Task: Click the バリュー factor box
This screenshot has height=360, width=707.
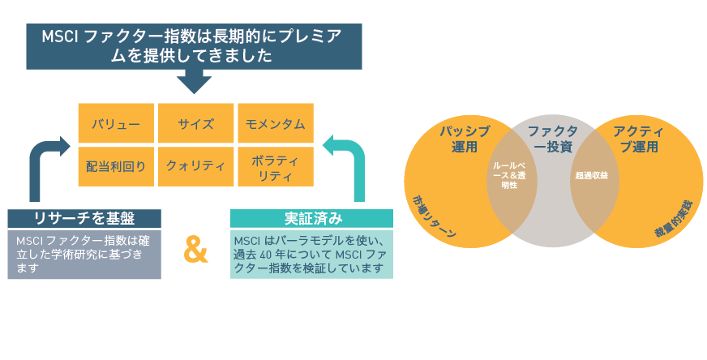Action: click(x=115, y=124)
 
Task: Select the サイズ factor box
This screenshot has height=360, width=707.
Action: click(x=195, y=124)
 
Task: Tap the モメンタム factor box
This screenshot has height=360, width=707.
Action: click(x=276, y=124)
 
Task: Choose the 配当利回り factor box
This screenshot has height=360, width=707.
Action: click(x=115, y=166)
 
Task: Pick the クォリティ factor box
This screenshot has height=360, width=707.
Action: click(x=195, y=166)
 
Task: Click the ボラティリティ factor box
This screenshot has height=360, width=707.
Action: click(x=276, y=166)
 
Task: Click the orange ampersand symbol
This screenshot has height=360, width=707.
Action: click(x=195, y=250)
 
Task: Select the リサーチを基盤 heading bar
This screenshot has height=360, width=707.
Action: click(x=84, y=218)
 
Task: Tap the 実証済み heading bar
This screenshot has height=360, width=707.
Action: click(x=311, y=218)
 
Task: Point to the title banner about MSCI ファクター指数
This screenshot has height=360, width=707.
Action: click(x=194, y=46)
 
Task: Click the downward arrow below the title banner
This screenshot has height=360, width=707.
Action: click(x=194, y=81)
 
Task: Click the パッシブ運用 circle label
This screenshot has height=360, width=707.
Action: click(x=465, y=139)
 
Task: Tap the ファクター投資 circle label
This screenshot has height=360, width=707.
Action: click(x=554, y=139)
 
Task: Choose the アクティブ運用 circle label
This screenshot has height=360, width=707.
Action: click(x=636, y=139)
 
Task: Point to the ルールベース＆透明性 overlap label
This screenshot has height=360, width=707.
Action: click(x=510, y=175)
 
